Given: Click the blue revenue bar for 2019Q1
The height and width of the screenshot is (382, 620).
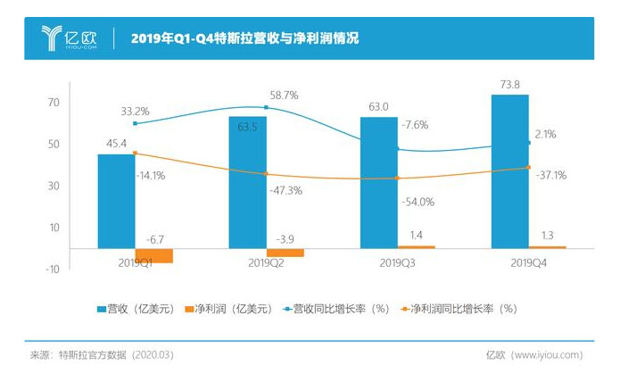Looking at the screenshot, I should pyautogui.click(x=116, y=201).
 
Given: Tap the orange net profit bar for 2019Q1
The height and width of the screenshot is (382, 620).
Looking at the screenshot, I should pyautogui.click(x=153, y=255).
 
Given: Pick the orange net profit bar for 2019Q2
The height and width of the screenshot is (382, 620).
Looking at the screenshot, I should pyautogui.click(x=285, y=253).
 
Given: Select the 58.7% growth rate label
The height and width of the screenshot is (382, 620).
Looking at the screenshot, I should pyautogui.click(x=286, y=94).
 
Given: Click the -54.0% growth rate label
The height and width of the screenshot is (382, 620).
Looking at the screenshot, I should pyautogui.click(x=417, y=202).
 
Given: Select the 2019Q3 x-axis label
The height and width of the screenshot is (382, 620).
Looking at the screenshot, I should pyautogui.click(x=397, y=263).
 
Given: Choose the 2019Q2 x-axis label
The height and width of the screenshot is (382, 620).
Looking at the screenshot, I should pyautogui.click(x=266, y=263).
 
